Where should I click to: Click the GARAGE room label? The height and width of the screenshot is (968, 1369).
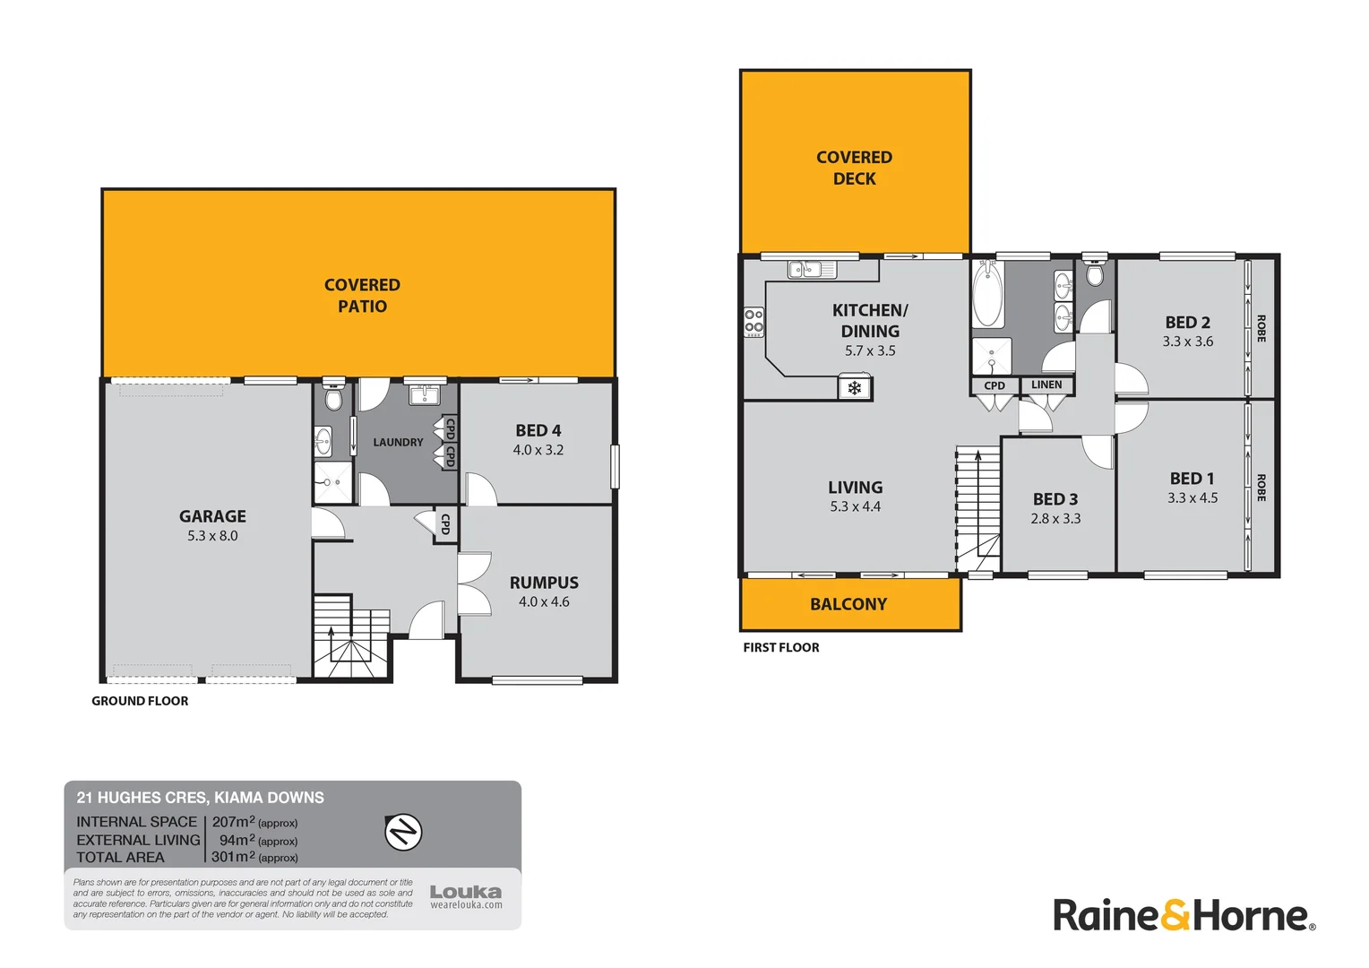212,516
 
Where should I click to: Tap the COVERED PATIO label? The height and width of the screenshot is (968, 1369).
362,296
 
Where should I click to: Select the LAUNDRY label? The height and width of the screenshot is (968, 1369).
398,443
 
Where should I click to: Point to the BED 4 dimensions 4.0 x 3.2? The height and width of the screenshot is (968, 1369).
538,450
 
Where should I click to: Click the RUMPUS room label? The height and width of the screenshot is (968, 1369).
544,583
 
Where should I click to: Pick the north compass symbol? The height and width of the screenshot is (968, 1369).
403,832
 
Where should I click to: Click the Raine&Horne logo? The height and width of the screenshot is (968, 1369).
1184,915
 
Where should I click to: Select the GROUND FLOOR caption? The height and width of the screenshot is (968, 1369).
140,701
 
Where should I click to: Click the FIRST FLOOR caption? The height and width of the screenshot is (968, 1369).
780,647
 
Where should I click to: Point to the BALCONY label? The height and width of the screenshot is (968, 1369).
848,604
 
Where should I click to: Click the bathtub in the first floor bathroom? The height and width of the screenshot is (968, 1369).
988,294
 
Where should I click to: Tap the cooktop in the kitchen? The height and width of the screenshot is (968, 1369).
753,322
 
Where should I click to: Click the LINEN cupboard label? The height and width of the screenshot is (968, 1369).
1046,385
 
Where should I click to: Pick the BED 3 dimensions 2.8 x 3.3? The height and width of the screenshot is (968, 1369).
1055,519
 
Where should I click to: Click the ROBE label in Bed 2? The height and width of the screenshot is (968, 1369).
1261,328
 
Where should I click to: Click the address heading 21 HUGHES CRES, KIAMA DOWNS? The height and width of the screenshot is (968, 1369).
200,798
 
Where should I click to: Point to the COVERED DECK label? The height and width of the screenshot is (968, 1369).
854,168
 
